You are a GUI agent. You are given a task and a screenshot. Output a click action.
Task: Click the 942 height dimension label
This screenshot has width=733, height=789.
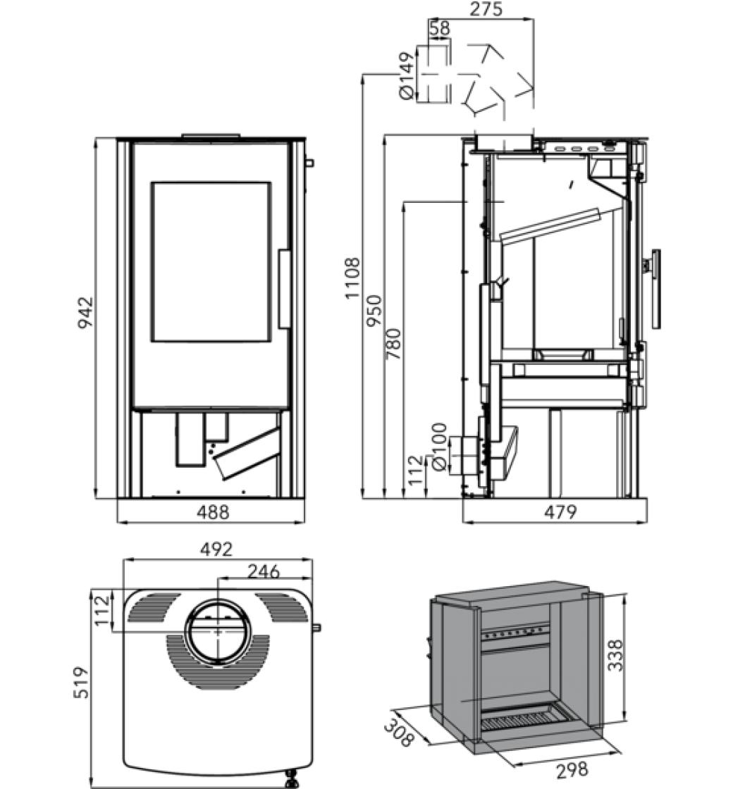(85, 313)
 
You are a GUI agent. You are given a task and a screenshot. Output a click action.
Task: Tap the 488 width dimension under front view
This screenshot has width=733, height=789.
(212, 512)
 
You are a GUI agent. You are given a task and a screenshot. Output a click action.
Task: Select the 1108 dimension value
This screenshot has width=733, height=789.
(352, 278)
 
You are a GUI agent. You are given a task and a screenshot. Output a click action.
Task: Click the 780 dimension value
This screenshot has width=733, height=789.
(393, 344)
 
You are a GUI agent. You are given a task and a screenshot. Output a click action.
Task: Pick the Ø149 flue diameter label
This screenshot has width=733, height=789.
(405, 75)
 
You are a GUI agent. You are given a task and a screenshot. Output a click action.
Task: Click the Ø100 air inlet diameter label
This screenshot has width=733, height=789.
(438, 447)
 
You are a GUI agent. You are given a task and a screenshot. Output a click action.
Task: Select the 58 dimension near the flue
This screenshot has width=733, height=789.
(438, 28)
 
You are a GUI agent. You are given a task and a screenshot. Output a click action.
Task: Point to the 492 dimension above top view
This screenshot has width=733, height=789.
(216, 549)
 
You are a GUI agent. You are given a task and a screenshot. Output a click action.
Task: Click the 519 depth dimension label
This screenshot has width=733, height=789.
(82, 682)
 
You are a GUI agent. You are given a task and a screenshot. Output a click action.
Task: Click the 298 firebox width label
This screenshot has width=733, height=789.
(572, 769)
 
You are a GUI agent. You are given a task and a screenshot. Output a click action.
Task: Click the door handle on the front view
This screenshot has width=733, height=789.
(284, 289)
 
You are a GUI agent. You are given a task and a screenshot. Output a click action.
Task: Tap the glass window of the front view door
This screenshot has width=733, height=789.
(211, 262)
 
